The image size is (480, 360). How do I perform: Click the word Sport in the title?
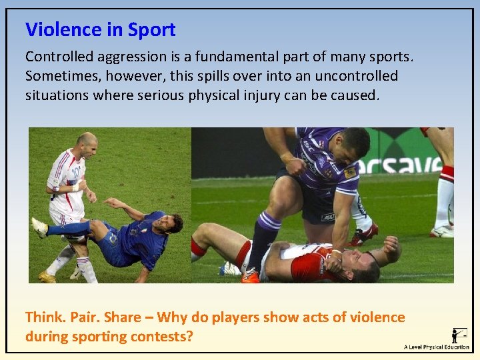pos(151,30)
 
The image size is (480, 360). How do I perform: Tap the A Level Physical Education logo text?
pos(437,347)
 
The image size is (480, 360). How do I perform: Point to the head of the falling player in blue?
pos(172,223)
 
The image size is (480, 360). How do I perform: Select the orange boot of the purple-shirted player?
pos(251,275)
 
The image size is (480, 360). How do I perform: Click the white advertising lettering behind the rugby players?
pos(400,164)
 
